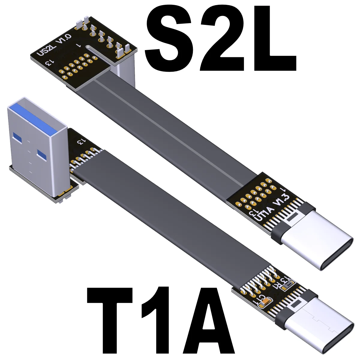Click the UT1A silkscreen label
click(x=264, y=214)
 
